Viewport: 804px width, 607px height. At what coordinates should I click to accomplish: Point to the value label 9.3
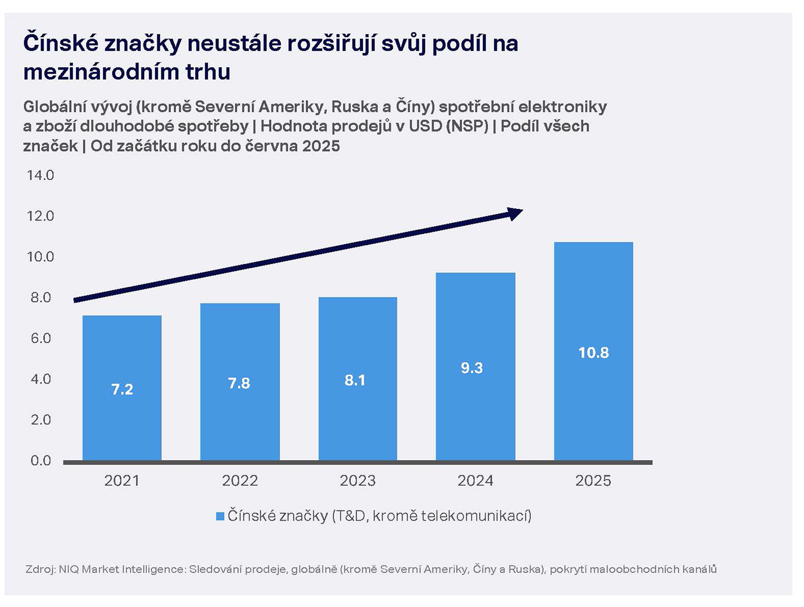[471, 368]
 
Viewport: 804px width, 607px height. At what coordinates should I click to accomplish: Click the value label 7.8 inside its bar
[239, 383]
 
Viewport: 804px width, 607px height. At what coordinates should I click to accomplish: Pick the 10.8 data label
[593, 353]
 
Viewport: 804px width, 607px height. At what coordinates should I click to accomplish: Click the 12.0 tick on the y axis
[40, 216]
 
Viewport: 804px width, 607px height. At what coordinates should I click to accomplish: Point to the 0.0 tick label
[40, 461]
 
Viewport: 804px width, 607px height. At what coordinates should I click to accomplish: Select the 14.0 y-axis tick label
[40, 175]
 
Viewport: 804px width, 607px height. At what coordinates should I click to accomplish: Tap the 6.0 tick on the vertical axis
[40, 338]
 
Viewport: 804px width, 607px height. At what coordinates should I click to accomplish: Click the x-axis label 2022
[239, 481]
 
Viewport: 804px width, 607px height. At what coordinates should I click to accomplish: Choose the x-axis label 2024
[475, 481]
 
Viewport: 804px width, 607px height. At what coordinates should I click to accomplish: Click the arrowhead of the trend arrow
[515, 214]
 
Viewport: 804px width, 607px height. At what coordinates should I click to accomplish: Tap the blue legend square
[220, 516]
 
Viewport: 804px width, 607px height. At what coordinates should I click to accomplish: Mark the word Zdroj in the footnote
[40, 569]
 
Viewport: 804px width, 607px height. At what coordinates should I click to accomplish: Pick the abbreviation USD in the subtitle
[425, 126]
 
